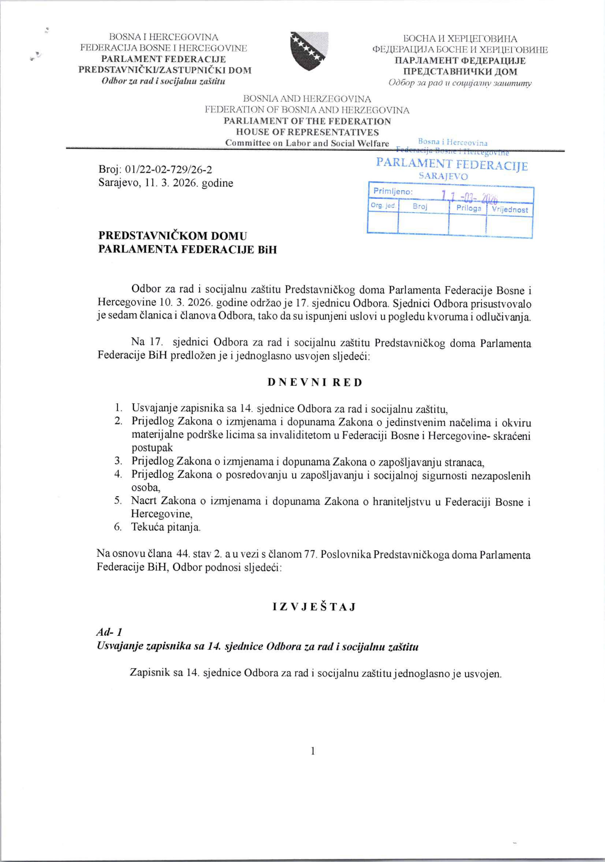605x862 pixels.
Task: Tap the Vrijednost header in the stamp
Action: (510, 210)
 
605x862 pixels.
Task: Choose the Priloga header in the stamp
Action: (469, 208)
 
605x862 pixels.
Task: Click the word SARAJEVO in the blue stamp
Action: (443, 176)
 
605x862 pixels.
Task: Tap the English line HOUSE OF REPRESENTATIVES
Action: (307, 132)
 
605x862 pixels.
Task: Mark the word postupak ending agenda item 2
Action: (152, 447)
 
